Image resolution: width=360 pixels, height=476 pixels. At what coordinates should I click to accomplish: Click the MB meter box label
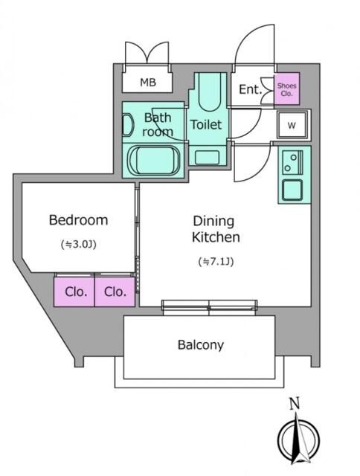[148, 83]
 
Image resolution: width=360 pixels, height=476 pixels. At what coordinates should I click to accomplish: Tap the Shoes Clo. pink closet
[287, 89]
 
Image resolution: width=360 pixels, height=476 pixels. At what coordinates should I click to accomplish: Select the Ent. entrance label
[250, 89]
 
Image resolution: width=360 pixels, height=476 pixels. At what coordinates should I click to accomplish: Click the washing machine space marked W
[292, 125]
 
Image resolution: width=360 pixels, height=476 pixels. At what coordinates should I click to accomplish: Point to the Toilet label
[206, 124]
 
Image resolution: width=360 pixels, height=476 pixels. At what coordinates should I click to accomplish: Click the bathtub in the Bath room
[154, 161]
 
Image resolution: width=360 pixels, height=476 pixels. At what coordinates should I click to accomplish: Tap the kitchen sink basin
[292, 190]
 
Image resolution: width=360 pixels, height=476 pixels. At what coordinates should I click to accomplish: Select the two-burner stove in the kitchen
[292, 162]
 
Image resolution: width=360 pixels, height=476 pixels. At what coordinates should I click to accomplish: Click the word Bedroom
[78, 220]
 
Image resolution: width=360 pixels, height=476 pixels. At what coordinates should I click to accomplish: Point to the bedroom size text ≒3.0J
[79, 244]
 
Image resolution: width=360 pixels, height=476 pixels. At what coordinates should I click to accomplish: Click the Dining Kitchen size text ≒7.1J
[216, 261]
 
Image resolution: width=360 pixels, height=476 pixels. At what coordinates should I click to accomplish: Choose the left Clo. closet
[74, 292]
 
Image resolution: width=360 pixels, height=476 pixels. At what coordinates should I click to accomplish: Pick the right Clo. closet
[115, 292]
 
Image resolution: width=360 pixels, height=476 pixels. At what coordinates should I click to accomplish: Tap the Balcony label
[201, 345]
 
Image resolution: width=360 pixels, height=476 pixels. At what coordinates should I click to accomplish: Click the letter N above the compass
[295, 404]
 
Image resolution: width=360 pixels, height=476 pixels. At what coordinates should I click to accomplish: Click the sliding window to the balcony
[210, 307]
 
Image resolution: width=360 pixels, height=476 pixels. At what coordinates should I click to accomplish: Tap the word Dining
[213, 222]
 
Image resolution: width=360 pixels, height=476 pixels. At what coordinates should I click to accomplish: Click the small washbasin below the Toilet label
[207, 158]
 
